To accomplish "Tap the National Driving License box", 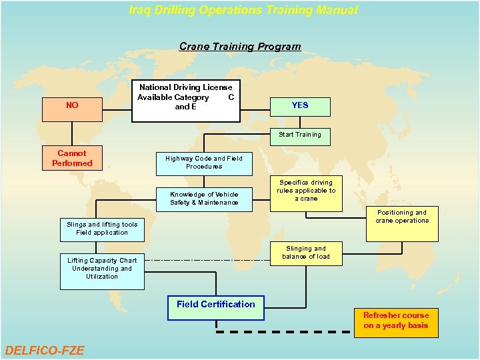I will (x=185, y=101).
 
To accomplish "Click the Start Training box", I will (x=299, y=135).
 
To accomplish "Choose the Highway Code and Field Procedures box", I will (x=204, y=163).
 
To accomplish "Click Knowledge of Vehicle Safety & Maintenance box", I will (x=204, y=198).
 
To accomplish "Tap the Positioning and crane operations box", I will (x=402, y=224).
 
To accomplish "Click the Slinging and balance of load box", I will (x=306, y=253).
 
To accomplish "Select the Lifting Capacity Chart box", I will (x=102, y=269).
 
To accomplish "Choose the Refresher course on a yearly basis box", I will (x=396, y=321).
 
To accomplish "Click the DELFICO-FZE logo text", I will (x=45, y=350).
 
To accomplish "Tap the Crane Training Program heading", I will (x=240, y=47).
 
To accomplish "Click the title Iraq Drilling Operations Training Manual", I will (x=243, y=10).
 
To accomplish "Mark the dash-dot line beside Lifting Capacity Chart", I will (x=207, y=259).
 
